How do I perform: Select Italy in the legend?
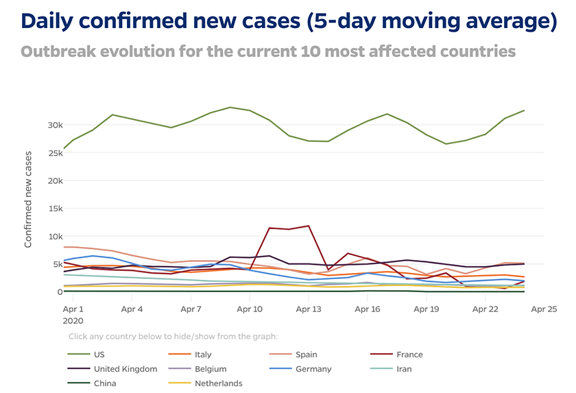pos(203,355)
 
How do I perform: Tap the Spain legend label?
pos(306,355)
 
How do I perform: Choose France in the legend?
pos(409,355)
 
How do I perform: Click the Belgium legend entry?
pos(210,369)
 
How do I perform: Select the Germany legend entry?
pos(313,369)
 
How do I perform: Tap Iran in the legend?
pos(404,369)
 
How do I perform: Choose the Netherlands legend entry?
pos(218,383)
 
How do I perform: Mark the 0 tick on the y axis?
pos(60,291)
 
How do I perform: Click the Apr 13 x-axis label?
pos(309,309)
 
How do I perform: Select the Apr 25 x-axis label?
pos(544,309)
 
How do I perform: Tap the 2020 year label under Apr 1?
pos(73,320)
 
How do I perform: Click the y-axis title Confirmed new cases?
pos(29,200)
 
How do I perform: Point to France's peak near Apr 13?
pos(309,226)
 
